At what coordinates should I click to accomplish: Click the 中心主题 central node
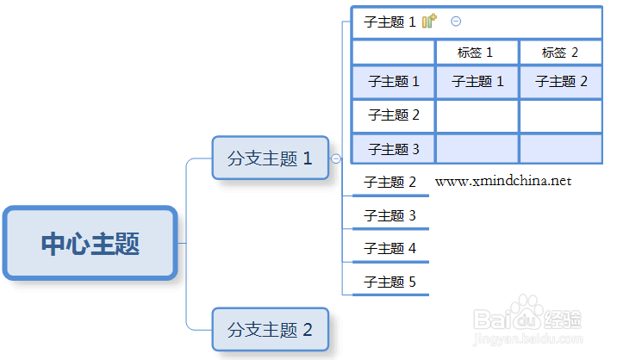pos(90,243)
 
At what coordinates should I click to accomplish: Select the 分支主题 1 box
pos(271,158)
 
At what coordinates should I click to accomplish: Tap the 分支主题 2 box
pos(271,329)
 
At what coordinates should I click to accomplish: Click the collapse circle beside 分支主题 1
pos(336,158)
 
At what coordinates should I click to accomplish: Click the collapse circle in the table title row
pos(456,22)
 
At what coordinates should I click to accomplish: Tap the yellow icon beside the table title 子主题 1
pos(429,22)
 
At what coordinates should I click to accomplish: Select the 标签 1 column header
pos(476,53)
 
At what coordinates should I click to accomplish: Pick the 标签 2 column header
pos(560,53)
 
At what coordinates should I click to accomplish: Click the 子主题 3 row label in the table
pos(394,149)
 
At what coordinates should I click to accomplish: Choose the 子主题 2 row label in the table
pos(394,115)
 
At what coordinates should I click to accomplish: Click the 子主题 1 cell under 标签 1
pos(477,82)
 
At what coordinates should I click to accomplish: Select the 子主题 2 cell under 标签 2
pos(561,82)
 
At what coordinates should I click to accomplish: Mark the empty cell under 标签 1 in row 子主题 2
pos(477,116)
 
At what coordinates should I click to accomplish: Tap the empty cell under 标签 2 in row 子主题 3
pos(561,149)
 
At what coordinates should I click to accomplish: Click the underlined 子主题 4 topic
pos(390,249)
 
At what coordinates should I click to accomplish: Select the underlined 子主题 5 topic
pos(390,282)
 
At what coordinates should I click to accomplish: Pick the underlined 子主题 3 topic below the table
pos(390,215)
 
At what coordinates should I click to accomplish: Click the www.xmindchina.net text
pos(503,181)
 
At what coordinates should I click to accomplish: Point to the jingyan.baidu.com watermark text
pos(527,338)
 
